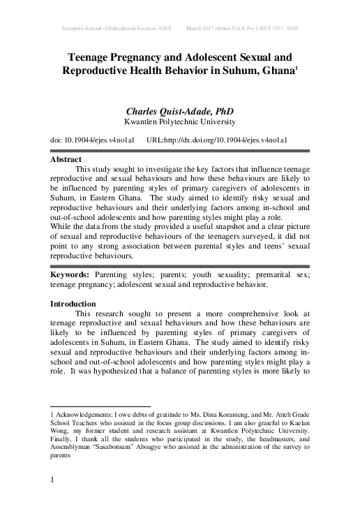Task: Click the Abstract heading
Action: tap(71, 159)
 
